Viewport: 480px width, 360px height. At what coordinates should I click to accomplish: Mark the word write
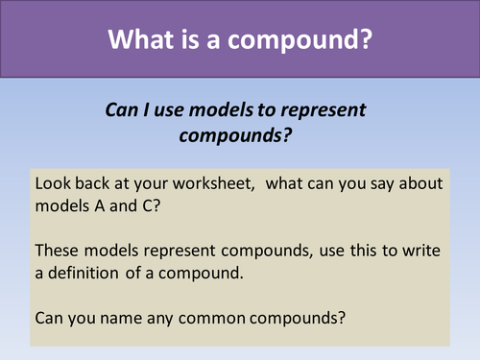click(421, 251)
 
